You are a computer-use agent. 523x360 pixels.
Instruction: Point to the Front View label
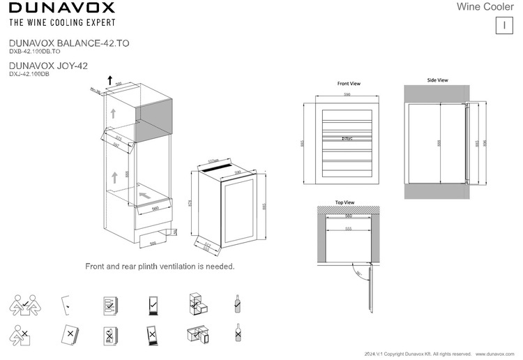tap(348, 82)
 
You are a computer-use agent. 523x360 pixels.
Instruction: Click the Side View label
tap(437, 80)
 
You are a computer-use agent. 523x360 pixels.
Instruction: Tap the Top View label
tap(344, 202)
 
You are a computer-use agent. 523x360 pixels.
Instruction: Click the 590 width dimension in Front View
tap(346, 94)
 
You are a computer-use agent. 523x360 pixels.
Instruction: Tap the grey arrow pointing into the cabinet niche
tap(145, 190)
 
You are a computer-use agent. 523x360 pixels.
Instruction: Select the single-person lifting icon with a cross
tap(21, 335)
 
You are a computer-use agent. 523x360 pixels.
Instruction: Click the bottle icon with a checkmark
tap(238, 304)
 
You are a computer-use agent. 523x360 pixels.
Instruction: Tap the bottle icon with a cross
tap(238, 333)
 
